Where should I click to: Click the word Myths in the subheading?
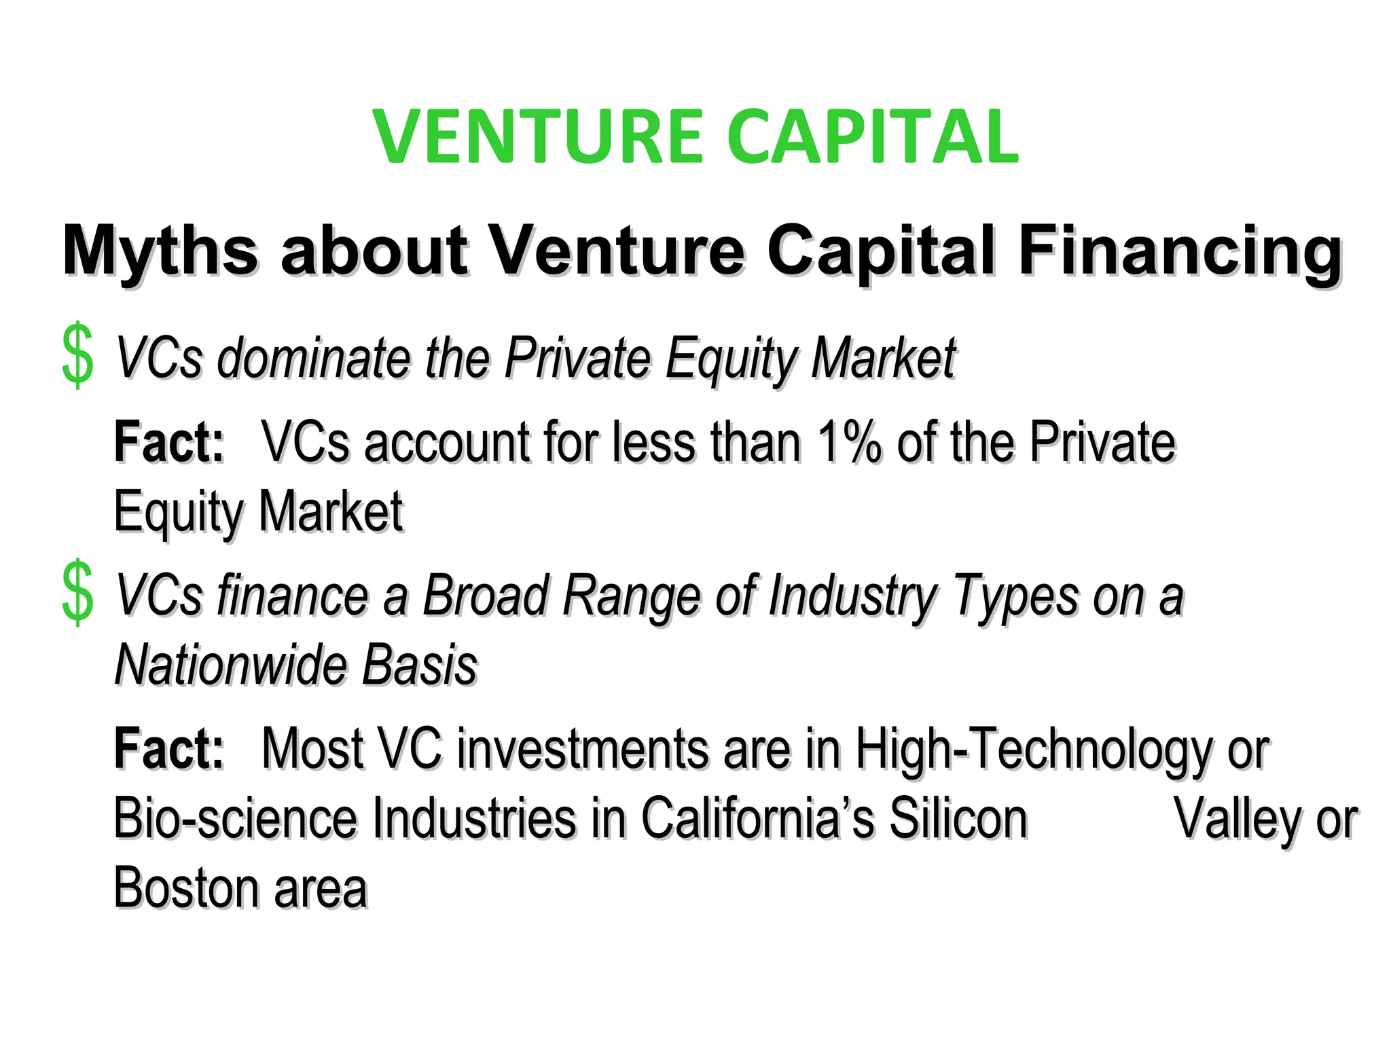pyautogui.click(x=160, y=251)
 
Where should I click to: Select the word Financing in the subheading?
pyautogui.click(x=1180, y=251)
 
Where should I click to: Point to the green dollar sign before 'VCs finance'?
pyautogui.click(x=77, y=592)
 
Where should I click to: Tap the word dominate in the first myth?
pyautogui.click(x=314, y=358)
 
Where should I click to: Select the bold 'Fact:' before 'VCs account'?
pyautogui.click(x=168, y=443)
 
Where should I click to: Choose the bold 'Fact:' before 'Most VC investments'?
pyautogui.click(x=168, y=749)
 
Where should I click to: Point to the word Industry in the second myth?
pyautogui.click(x=852, y=597)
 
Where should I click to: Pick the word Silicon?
pyautogui.click(x=958, y=819)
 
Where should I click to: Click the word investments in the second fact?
pyautogui.click(x=582, y=749)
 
